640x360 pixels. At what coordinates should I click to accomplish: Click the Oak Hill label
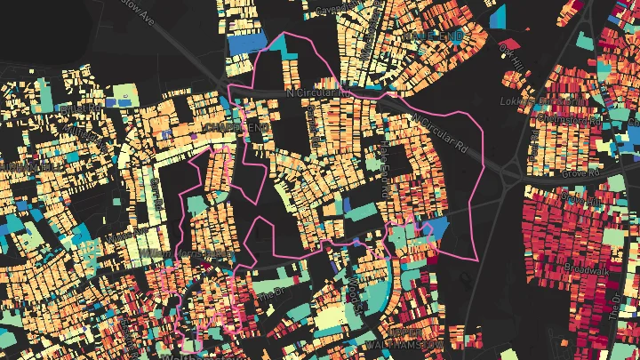[x=509, y=52]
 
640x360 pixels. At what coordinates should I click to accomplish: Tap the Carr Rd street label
[x=156, y=191]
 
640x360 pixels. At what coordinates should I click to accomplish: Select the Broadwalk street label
[x=585, y=266]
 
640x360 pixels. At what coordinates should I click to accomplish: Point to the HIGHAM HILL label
[x=27, y=165]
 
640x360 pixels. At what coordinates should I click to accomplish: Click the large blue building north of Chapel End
[x=244, y=44]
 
